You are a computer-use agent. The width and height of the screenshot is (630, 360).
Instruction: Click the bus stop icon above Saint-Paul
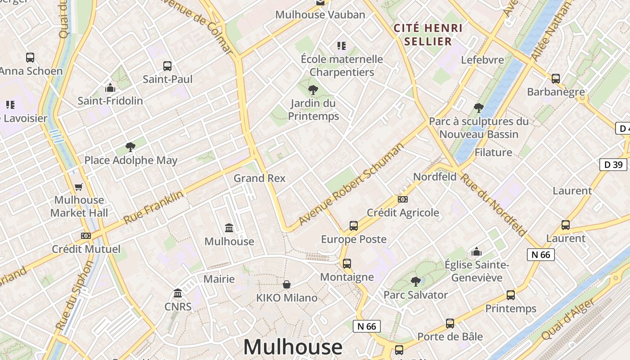pyautogui.click(x=167, y=66)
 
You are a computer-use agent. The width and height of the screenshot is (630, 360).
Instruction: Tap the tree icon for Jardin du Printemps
pyautogui.click(x=313, y=90)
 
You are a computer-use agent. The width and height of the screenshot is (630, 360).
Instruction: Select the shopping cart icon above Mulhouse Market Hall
pyautogui.click(x=79, y=187)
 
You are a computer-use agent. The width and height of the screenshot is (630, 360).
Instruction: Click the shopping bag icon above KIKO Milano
pyautogui.click(x=287, y=284)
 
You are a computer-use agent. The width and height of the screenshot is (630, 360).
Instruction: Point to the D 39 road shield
pyautogui.click(x=613, y=165)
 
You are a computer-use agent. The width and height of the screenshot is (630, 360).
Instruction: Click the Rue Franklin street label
pyautogui.click(x=153, y=207)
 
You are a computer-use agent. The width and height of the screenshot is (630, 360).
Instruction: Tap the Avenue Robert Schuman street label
pyautogui.click(x=351, y=185)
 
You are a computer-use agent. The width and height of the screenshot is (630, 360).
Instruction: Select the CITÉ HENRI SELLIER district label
pyautogui.click(x=428, y=35)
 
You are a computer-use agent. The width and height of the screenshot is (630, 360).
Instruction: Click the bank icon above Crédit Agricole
pyautogui.click(x=403, y=199)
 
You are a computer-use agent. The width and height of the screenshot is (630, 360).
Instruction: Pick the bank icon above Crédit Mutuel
pyautogui.click(x=86, y=236)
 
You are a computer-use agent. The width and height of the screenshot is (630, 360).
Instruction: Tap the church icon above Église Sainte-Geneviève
pyautogui.click(x=477, y=252)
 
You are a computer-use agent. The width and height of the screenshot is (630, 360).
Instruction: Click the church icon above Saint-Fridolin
pyautogui.click(x=110, y=88)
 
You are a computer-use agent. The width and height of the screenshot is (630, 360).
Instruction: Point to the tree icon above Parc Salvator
pyautogui.click(x=416, y=282)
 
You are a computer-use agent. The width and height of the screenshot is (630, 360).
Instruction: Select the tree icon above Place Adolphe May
pyautogui.click(x=130, y=147)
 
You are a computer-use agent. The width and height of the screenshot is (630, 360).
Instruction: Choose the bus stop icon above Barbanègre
pyautogui.click(x=556, y=79)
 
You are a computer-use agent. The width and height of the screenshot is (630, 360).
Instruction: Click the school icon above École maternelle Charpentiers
pyautogui.click(x=342, y=46)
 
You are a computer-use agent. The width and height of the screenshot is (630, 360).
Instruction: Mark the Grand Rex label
pyautogui.click(x=259, y=178)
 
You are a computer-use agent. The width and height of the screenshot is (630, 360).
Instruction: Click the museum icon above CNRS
pyautogui.click(x=178, y=294)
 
